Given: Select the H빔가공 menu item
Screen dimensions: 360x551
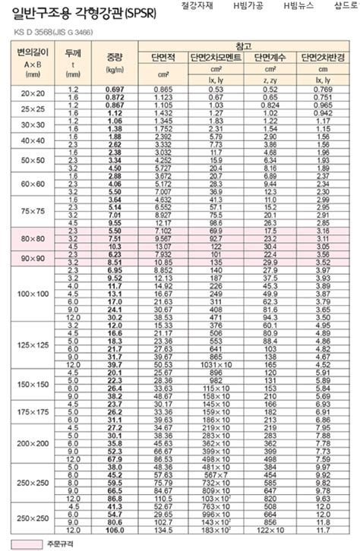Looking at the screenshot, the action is coord(248,5).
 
